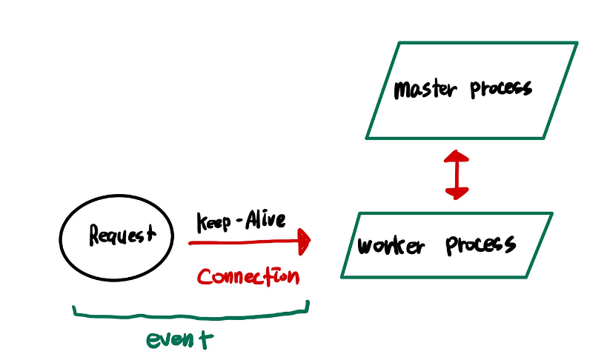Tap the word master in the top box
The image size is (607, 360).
point(420,90)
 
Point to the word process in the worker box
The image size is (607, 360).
point(480,244)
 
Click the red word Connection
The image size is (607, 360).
point(248,277)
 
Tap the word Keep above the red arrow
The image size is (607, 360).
point(213,222)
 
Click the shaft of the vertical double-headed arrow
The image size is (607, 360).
point(457,175)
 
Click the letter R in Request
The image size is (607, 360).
point(96,236)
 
